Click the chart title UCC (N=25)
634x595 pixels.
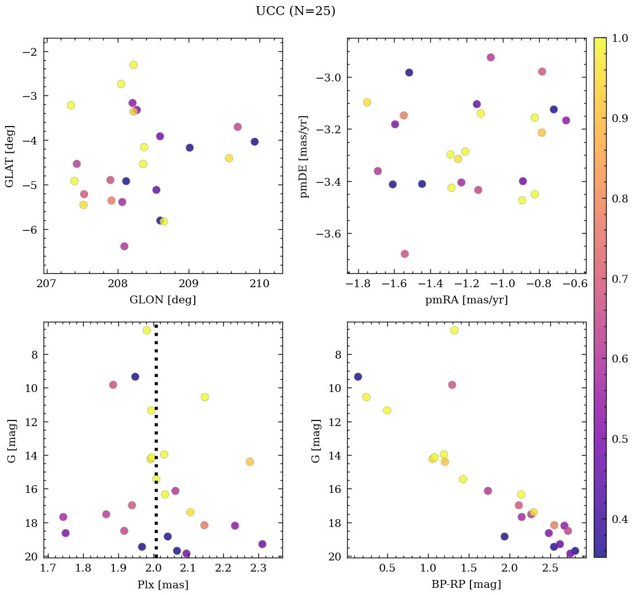point(295,11)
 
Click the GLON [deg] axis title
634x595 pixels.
point(162,300)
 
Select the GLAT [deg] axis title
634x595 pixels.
point(9,156)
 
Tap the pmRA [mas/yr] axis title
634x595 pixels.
point(466,300)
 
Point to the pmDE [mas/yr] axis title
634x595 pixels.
point(304,156)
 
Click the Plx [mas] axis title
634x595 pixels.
point(162,584)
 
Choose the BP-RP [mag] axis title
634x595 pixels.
point(466,584)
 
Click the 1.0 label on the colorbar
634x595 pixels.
point(619,38)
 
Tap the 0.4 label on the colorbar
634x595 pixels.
point(619,519)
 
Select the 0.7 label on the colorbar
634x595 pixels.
point(619,279)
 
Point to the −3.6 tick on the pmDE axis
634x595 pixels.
point(328,234)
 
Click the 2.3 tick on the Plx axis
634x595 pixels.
point(258,569)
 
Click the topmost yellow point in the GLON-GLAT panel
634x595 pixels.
point(133,65)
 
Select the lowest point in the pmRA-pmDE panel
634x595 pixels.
point(405,254)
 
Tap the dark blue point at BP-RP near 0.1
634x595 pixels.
point(358,376)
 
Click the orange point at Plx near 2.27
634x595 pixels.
point(249,461)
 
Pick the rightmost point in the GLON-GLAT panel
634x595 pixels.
point(254,142)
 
